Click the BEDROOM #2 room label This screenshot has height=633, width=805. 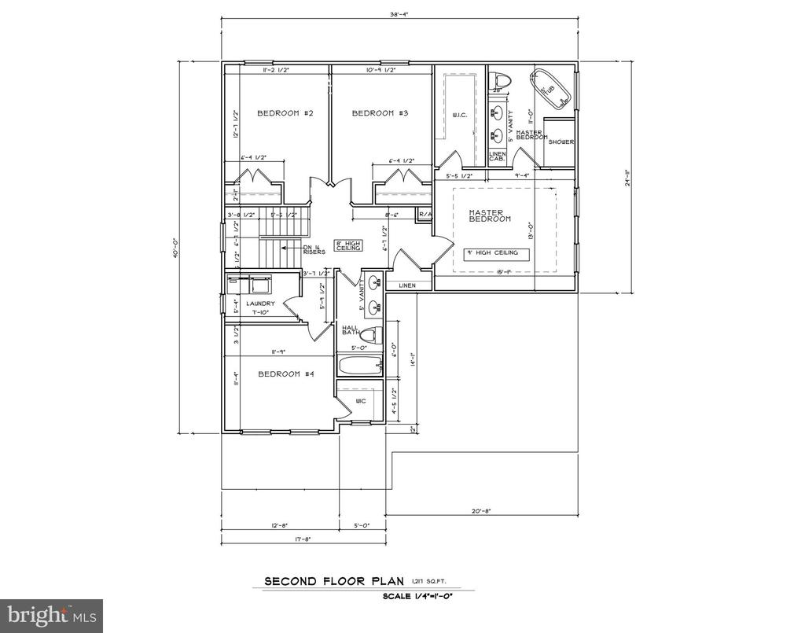285,114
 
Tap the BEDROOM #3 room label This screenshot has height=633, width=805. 380,114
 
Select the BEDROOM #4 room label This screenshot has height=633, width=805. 286,374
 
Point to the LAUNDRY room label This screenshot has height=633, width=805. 259,304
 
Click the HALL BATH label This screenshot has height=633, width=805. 350,331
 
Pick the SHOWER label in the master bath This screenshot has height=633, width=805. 561,142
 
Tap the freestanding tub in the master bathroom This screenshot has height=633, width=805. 551,88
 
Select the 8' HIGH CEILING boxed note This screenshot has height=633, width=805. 348,245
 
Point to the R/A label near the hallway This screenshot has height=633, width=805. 425,214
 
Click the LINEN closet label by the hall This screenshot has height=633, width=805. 406,285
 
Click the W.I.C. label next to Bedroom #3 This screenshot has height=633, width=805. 461,116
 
